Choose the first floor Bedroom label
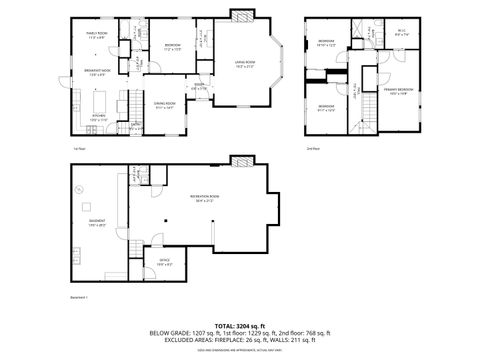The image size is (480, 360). click(173, 45)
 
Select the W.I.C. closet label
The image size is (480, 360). click(403, 31)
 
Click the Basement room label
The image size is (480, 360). click(97, 222)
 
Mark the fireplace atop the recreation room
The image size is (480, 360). click(239, 161)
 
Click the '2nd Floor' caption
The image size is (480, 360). click(313, 148)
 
